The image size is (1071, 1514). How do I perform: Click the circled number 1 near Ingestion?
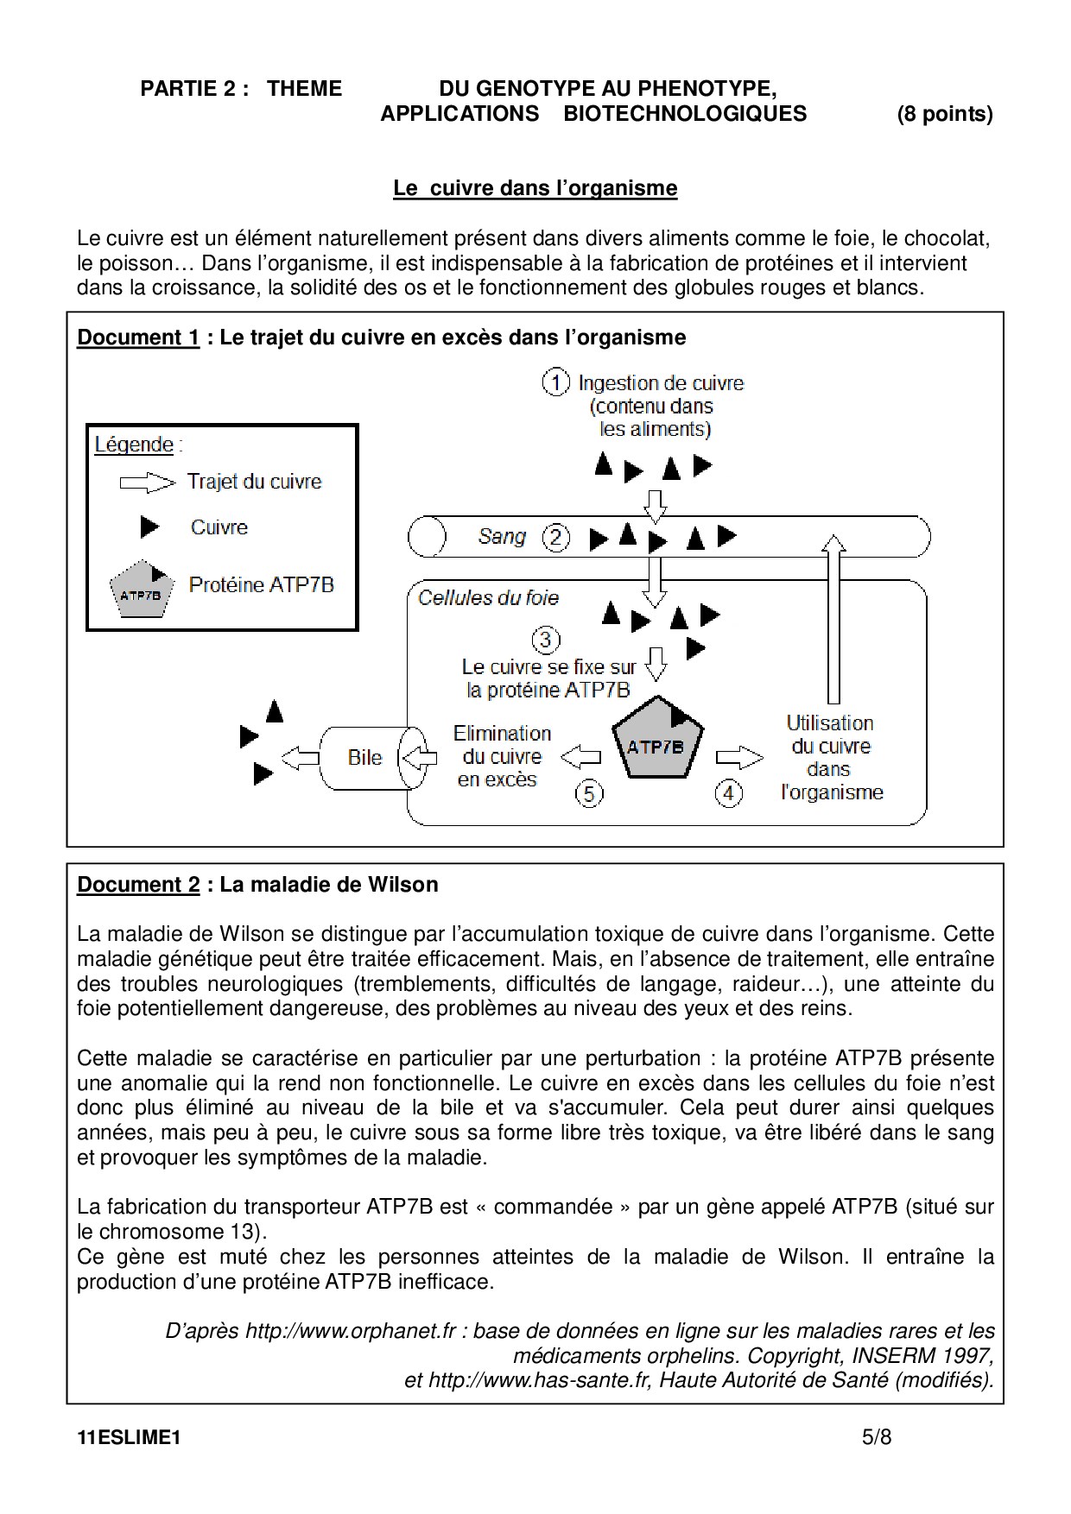coord(555,382)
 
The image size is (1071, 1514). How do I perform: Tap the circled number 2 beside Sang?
coord(555,538)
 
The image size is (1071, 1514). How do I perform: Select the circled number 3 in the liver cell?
coord(545,640)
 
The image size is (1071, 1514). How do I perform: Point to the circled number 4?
coord(729,792)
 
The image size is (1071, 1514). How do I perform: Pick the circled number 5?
coord(589,792)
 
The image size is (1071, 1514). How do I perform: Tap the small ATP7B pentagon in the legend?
coord(139,590)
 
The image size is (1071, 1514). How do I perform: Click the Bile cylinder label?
coord(364,757)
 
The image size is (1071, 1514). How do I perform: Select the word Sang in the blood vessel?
coord(502,537)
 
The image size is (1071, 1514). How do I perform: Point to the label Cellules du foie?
coord(488,597)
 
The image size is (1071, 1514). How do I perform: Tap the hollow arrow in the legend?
coord(147,482)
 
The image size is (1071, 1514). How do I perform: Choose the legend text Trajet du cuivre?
coord(254,482)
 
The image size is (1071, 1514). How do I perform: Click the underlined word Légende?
coord(134,445)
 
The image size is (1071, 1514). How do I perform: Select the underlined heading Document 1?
coord(138,337)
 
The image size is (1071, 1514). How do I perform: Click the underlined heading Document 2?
coord(138,885)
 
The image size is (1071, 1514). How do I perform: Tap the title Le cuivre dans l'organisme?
coord(535,188)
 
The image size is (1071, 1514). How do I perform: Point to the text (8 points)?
coord(945,114)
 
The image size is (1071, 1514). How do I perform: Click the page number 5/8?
coord(877,1437)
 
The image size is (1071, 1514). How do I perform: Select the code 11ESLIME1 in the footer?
coord(129,1438)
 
